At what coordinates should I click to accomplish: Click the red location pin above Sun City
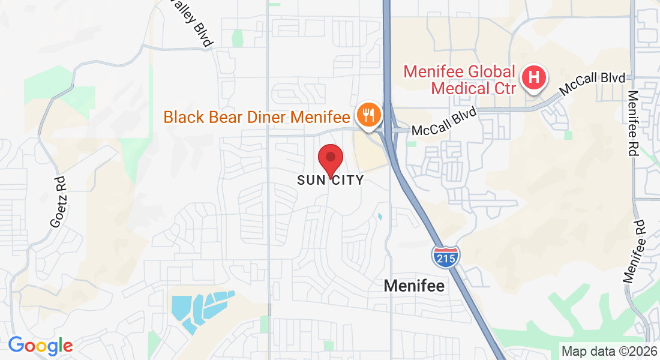pyautogui.click(x=330, y=159)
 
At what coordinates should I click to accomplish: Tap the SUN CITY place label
pyautogui.click(x=330, y=180)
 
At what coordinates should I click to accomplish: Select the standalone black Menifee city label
pyautogui.click(x=415, y=286)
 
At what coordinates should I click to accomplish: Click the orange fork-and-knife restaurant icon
pyautogui.click(x=367, y=114)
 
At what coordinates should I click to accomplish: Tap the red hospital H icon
pyautogui.click(x=533, y=78)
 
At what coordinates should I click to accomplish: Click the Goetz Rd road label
pyautogui.click(x=58, y=201)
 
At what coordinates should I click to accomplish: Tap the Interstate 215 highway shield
pyautogui.click(x=445, y=256)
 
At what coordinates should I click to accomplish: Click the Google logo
pyautogui.click(x=40, y=346)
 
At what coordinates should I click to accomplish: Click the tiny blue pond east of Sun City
pyautogui.click(x=379, y=216)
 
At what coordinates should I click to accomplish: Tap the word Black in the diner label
pyautogui.click(x=184, y=116)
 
